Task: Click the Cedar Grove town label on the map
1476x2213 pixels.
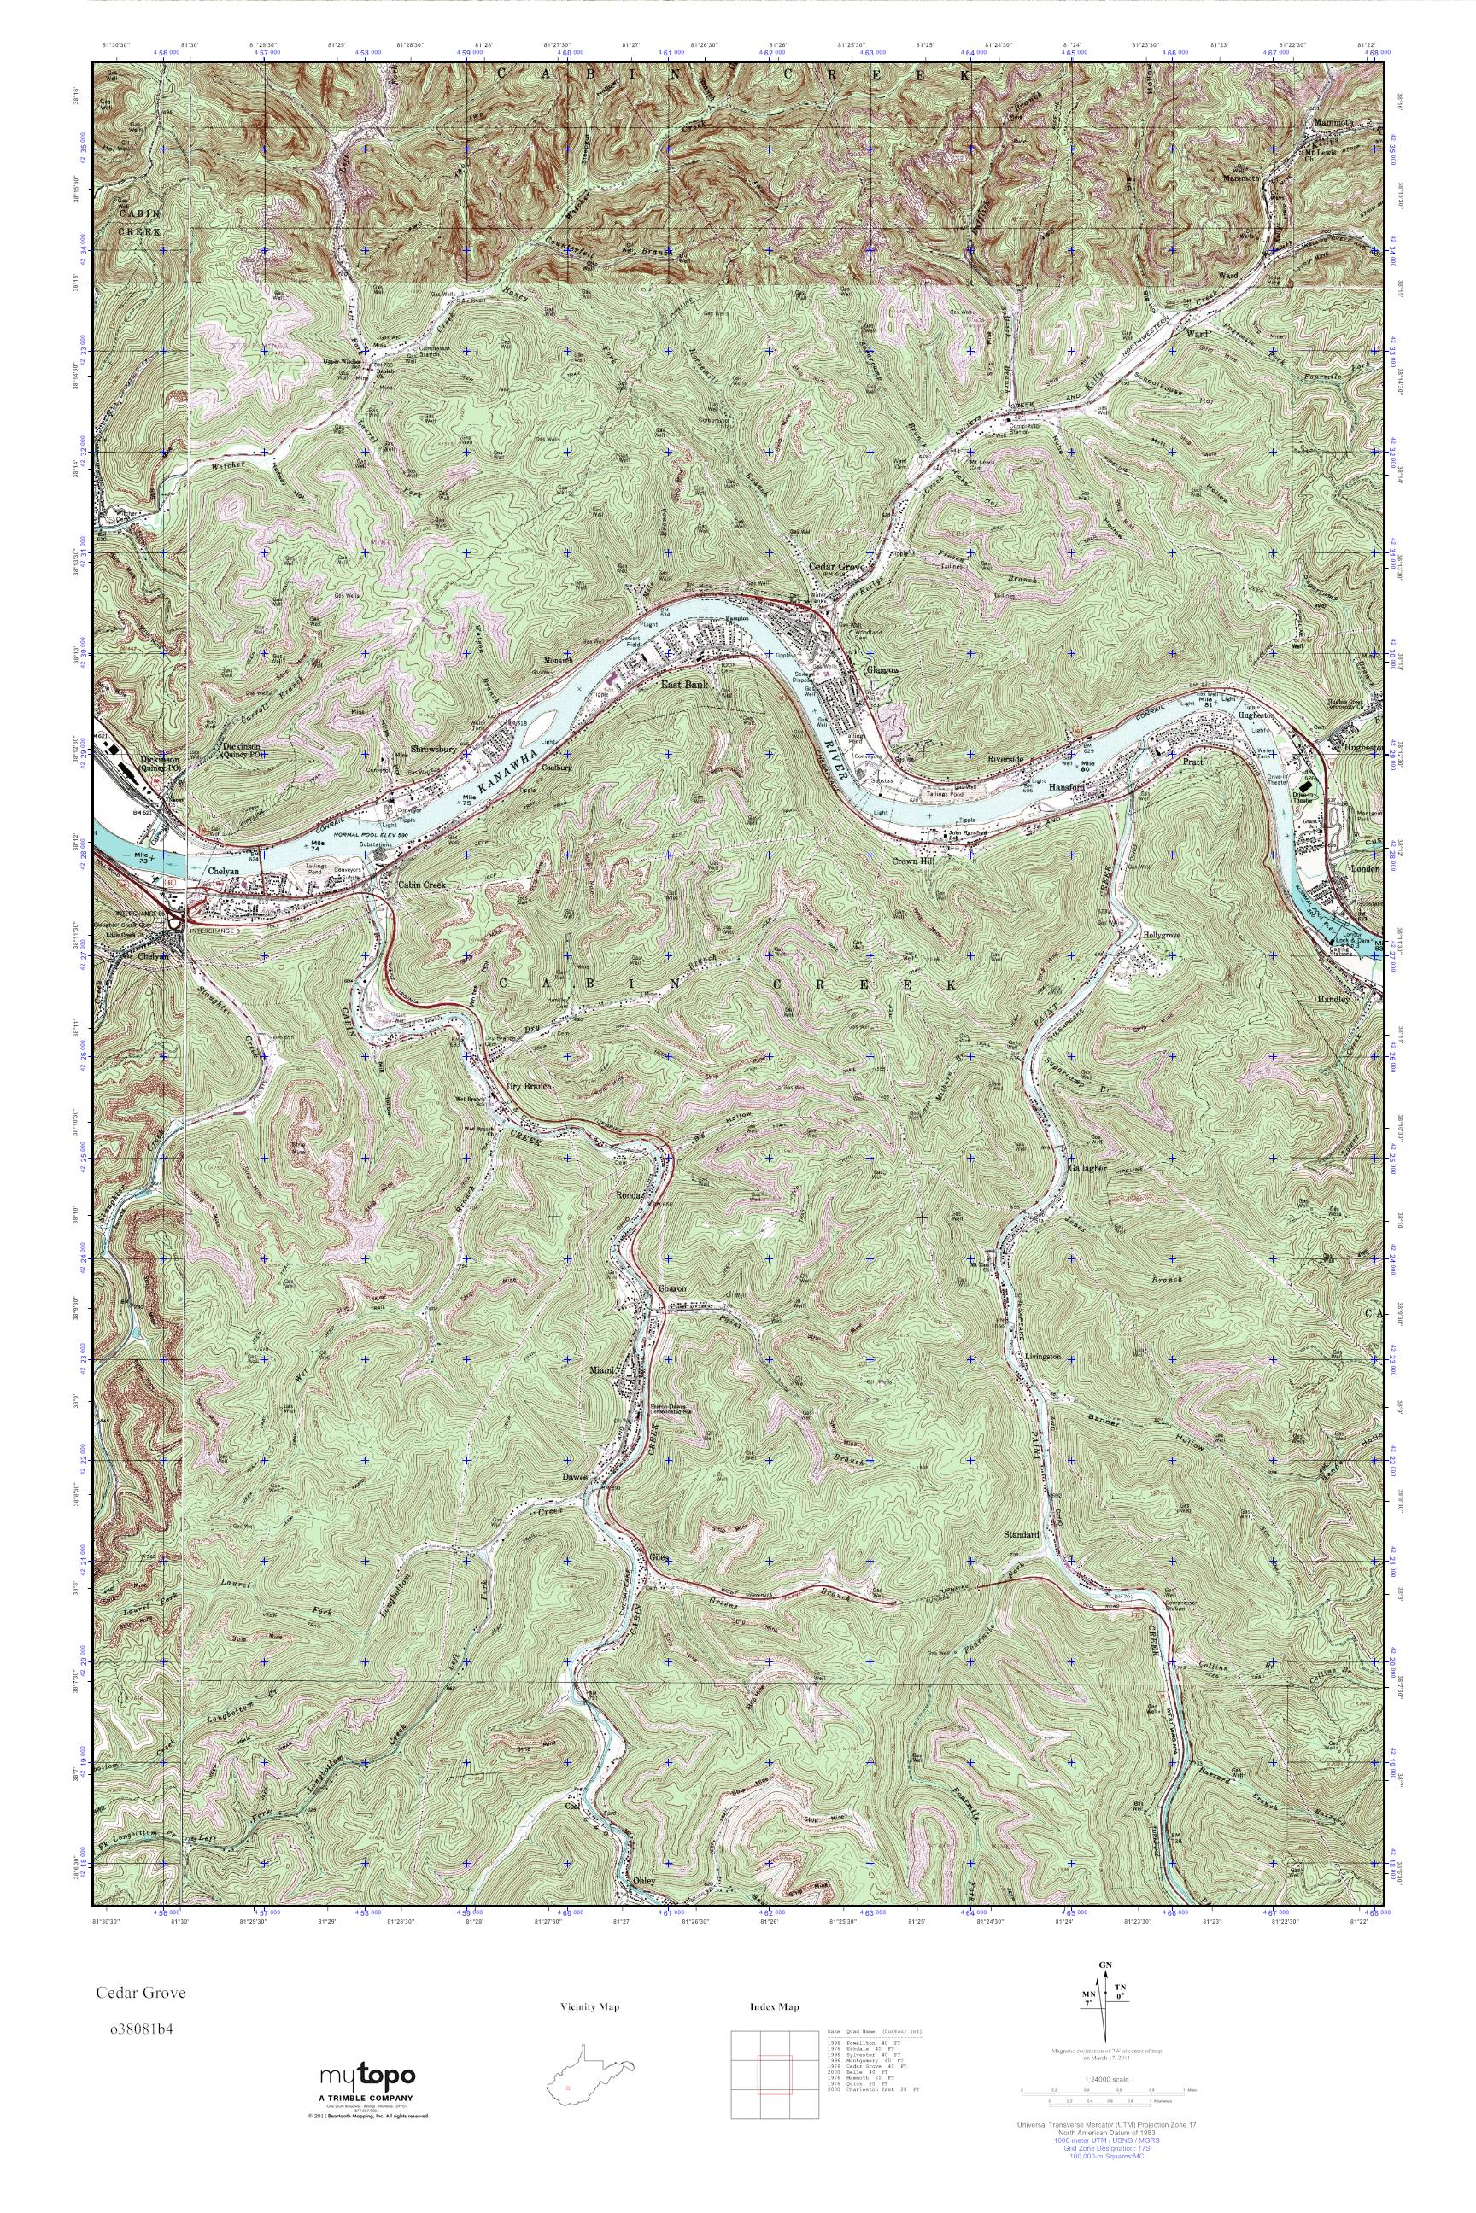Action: point(836,568)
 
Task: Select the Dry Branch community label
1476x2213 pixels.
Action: point(529,1086)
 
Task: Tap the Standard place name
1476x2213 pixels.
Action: point(1022,1534)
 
